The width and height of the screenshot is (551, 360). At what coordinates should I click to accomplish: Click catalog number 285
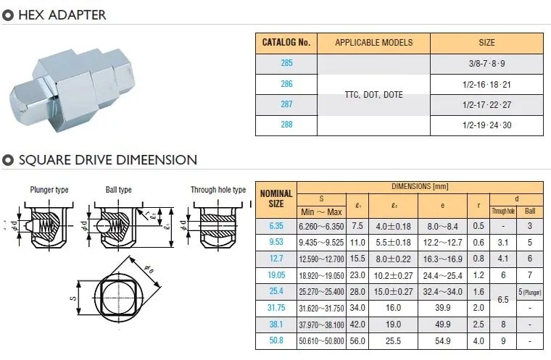point(286,63)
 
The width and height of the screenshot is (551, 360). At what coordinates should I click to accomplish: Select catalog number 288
point(286,125)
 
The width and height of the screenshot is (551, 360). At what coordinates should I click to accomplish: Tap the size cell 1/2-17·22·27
point(486,104)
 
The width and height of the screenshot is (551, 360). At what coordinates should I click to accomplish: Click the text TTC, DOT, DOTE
point(373,95)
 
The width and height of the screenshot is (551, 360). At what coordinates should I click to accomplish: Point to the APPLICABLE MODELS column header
point(374,43)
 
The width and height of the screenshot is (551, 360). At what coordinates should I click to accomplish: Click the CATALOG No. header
point(286,43)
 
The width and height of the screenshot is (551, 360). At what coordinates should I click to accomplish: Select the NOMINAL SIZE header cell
point(276,198)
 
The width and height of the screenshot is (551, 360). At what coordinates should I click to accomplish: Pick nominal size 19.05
point(276,275)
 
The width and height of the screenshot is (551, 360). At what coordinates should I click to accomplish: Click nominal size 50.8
point(276,340)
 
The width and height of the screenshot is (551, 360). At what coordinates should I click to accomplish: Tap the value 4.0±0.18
point(393,227)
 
